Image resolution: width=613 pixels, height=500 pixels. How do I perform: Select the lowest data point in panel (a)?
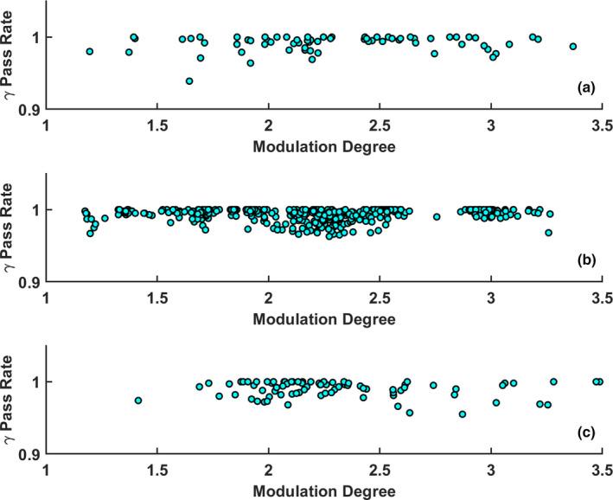tap(189, 81)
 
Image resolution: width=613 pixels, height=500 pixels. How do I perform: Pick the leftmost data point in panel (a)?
tap(90, 52)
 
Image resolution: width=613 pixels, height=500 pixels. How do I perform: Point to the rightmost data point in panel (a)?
tap(572, 47)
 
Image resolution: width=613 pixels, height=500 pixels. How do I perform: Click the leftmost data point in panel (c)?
tap(138, 401)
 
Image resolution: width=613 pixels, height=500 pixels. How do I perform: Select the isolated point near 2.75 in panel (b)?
tap(437, 217)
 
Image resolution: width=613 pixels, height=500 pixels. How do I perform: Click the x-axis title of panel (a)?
tap(324, 146)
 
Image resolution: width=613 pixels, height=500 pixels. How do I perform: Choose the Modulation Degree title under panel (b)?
tap(324, 318)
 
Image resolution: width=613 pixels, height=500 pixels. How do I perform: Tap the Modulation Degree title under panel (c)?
tap(324, 490)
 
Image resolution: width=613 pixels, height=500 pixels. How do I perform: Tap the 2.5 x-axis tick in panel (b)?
tap(380, 298)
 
